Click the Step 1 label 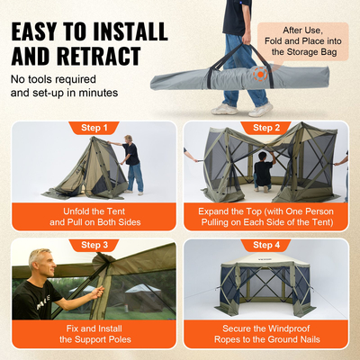pos(93,127)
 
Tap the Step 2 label pos(266,127)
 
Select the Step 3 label pos(93,244)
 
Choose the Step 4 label pos(266,244)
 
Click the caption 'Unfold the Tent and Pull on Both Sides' pos(93,217)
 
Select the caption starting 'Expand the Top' pos(266,217)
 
